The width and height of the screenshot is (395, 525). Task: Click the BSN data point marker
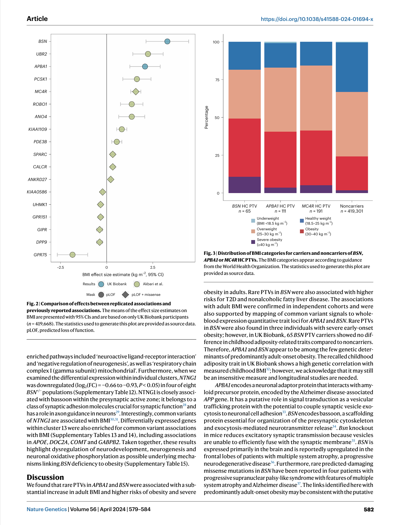[x=167, y=41]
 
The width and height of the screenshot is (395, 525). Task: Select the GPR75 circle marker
[x=72, y=255]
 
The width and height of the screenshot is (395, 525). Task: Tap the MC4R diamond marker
[x=136, y=92]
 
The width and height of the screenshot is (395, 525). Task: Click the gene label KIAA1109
[x=37, y=129]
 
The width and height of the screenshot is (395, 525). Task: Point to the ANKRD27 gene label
[x=37, y=180]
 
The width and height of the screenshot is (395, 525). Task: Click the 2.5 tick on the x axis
[x=153, y=268]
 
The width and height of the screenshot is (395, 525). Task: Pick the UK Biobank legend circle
[x=101, y=284]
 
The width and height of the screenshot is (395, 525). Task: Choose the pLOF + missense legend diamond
[x=125, y=295]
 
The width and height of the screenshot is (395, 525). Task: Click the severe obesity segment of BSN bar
[x=245, y=185]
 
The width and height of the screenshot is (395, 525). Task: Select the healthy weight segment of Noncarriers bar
[x=352, y=67]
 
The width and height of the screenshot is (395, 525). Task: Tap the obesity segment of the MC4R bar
[x=316, y=158]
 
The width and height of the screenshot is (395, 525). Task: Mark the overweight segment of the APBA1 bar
[x=280, y=100]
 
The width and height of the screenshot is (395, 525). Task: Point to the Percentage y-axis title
[x=206, y=117]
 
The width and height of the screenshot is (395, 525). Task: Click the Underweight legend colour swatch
[x=253, y=221]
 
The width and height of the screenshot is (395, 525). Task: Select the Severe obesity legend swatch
[x=253, y=242]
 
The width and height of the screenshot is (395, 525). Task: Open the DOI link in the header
[x=317, y=19]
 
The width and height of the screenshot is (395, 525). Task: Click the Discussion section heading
[x=45, y=477]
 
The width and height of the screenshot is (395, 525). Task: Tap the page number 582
[x=369, y=509]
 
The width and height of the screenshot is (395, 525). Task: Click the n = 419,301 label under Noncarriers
[x=352, y=211]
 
